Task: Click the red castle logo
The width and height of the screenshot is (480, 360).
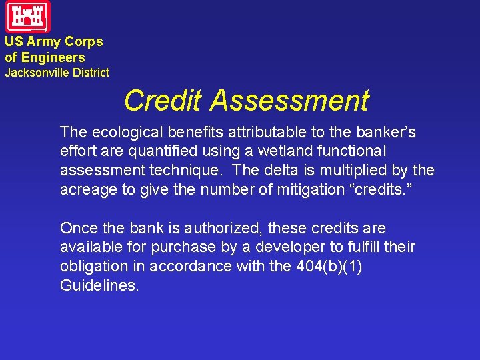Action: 28,17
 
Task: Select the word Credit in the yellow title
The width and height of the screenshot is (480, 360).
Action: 163,101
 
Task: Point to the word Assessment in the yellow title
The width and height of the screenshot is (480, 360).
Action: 289,101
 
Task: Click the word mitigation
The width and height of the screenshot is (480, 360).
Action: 302,189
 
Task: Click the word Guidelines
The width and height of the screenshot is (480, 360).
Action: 99,285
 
